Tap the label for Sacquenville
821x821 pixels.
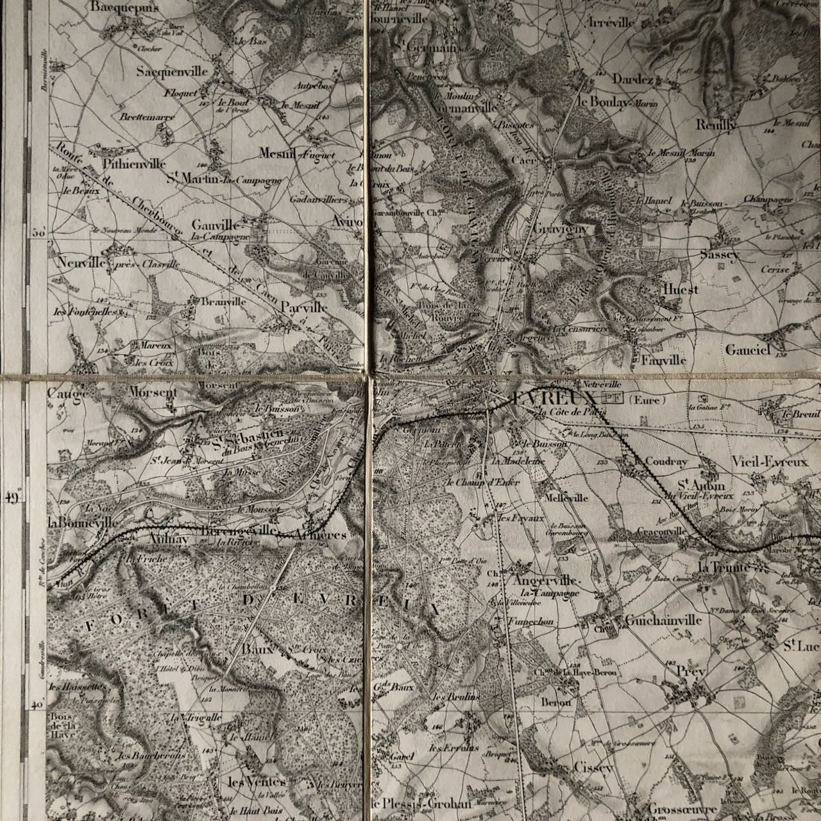pyautogui.click(x=172, y=72)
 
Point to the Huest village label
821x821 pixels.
pyautogui.click(x=681, y=290)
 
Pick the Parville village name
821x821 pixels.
pyautogui.click(x=304, y=307)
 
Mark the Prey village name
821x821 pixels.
pyautogui.click(x=690, y=671)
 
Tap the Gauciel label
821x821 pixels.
pyautogui.click(x=747, y=350)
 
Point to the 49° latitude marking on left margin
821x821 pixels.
pyautogui.click(x=15, y=498)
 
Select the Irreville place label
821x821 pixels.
pyautogui.click(x=611, y=22)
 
